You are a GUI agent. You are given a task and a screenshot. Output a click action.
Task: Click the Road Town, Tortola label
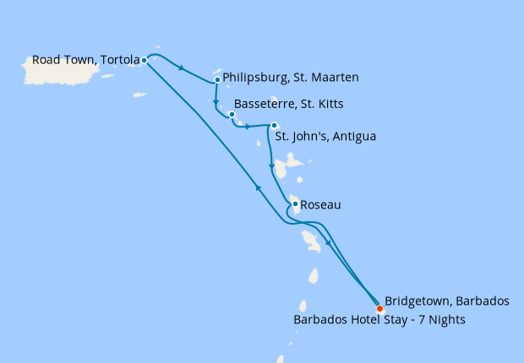[85, 60]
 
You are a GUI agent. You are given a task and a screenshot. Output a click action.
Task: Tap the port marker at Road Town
[145, 60]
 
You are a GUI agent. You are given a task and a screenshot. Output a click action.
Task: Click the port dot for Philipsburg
[217, 80]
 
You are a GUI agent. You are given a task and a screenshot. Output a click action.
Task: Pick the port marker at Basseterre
[232, 114]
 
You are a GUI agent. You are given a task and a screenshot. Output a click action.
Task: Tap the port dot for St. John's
[274, 126]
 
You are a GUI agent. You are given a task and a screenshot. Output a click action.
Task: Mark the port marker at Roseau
[294, 203]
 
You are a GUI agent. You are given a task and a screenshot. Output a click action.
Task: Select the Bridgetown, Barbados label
[446, 301]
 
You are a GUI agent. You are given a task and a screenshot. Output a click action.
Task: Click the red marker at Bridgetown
[379, 308]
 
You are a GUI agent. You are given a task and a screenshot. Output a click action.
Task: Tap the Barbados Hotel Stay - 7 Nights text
[379, 320]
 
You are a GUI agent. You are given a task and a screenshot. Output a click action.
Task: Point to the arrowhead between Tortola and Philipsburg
[182, 68]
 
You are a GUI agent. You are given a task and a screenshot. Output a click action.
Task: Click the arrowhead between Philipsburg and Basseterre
[216, 96]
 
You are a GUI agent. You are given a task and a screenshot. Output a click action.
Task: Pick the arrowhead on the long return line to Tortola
[258, 188]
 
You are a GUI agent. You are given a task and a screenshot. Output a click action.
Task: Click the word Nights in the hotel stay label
[445, 320]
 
